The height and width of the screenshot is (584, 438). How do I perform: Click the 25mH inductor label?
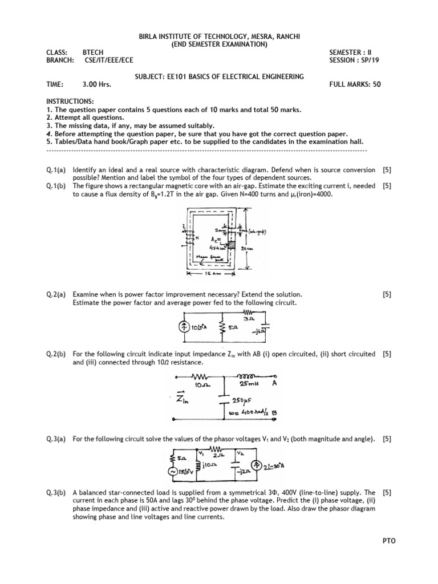tap(248, 384)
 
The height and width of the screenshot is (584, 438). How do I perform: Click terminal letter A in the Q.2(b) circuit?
tap(274, 384)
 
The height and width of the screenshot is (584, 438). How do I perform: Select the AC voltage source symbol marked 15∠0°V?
tap(175, 471)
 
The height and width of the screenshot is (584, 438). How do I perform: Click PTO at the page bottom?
tap(390, 541)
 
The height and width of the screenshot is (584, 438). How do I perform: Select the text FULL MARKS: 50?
tap(355, 84)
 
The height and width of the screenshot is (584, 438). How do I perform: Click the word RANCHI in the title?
tap(287, 37)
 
